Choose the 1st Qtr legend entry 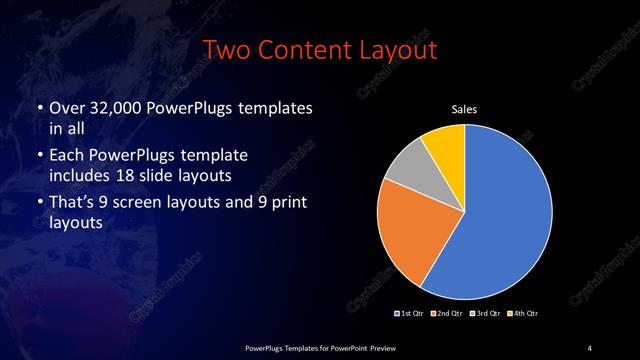(x=409, y=313)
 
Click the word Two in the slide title (x=227, y=49)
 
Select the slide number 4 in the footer (x=589, y=347)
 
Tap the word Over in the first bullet (x=68, y=107)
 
